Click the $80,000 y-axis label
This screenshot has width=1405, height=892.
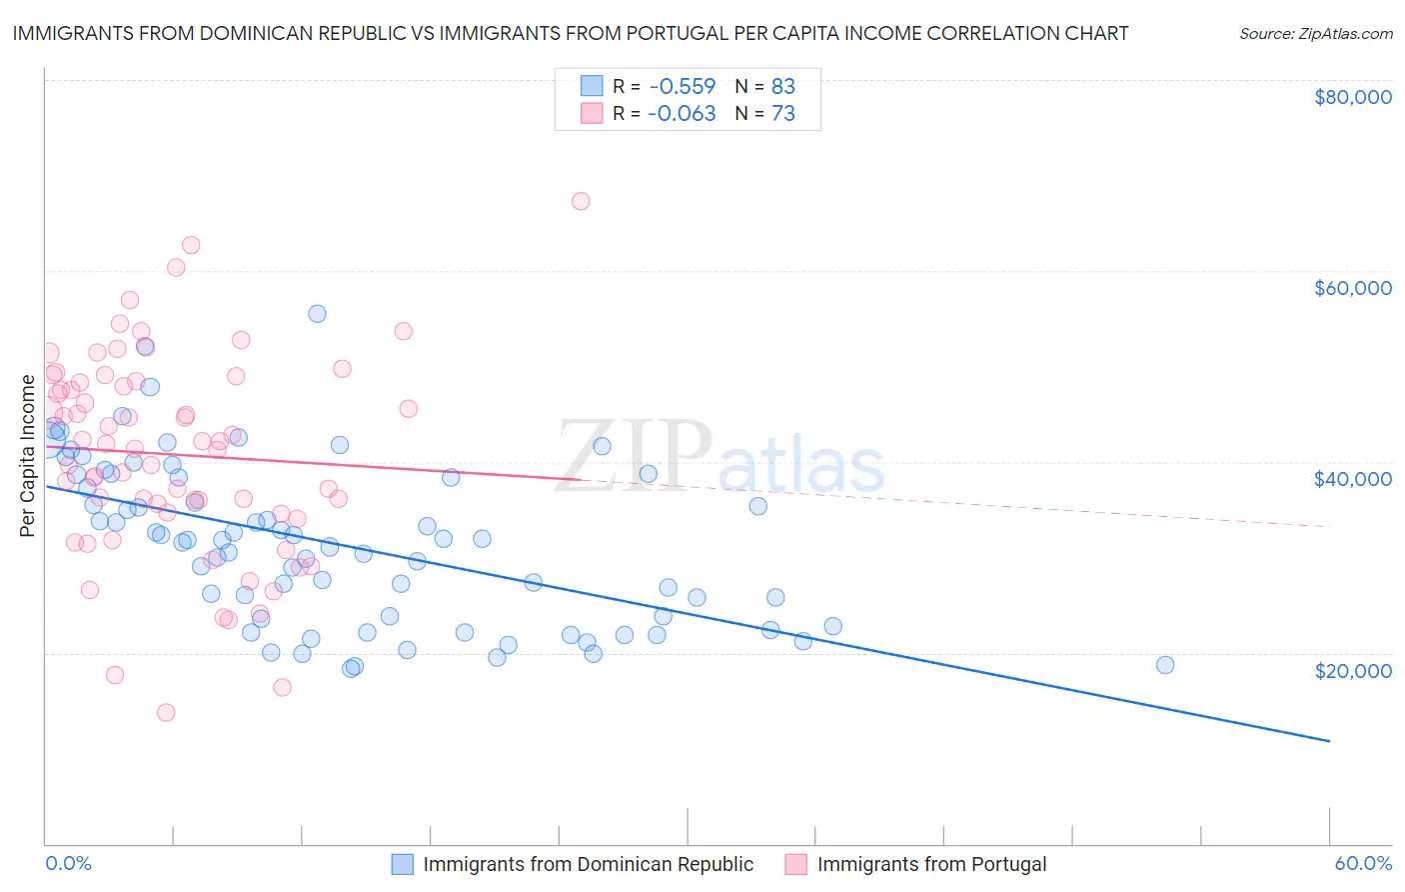[1352, 97]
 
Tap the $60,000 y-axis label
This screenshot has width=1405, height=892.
[1352, 288]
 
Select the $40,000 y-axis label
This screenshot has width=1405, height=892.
[1352, 479]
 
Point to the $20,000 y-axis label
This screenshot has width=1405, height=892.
[1352, 670]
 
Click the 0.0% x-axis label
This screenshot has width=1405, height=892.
[68, 864]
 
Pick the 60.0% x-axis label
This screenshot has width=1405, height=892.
[1362, 864]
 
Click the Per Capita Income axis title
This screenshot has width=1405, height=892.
[28, 455]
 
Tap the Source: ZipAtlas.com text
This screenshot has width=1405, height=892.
[1315, 34]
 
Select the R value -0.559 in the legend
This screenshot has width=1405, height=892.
[682, 86]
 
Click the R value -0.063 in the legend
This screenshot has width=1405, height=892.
[682, 114]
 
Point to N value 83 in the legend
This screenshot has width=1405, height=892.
[783, 86]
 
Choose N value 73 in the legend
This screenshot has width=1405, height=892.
[783, 114]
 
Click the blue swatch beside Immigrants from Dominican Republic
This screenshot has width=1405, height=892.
[402, 865]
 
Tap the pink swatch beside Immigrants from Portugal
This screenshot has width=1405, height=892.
[795, 865]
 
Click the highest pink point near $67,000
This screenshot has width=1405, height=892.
[581, 201]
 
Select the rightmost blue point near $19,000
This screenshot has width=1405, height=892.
[1164, 665]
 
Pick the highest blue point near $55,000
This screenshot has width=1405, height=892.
[317, 313]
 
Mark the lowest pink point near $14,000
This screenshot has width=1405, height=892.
[166, 712]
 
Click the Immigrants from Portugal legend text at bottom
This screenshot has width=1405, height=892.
[931, 865]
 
